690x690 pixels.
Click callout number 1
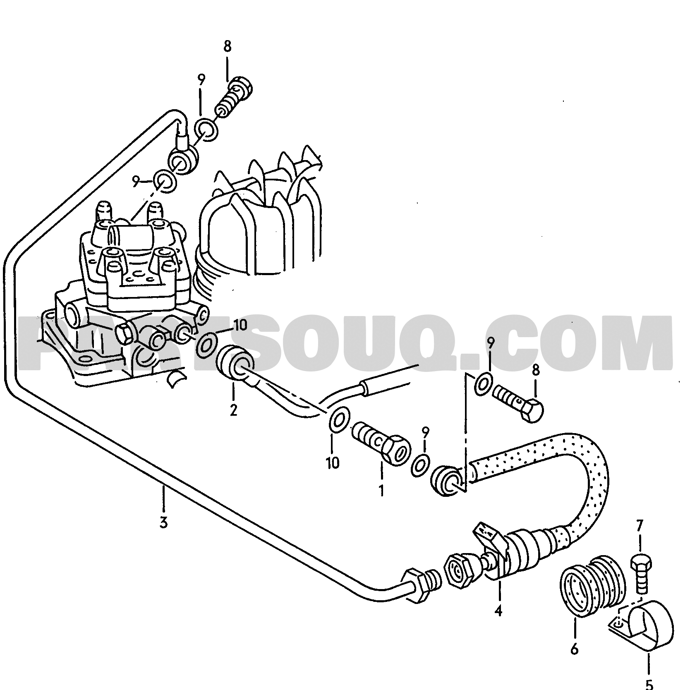click(381, 490)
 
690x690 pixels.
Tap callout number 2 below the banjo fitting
click(234, 410)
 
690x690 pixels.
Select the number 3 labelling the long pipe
click(164, 522)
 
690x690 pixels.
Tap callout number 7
click(640, 525)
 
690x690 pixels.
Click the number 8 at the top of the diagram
click(228, 46)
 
